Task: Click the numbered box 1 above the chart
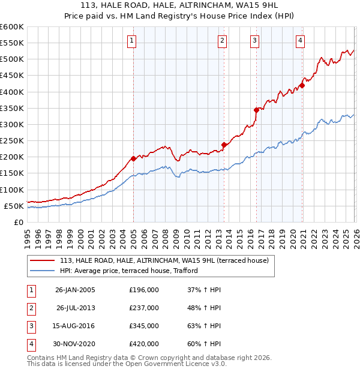click(x=131, y=41)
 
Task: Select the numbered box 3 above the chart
click(x=254, y=41)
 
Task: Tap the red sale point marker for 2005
click(x=133, y=158)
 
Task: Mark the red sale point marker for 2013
click(x=224, y=145)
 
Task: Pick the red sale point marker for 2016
click(x=256, y=110)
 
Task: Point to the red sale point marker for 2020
click(x=302, y=85)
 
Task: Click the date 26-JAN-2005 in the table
click(x=75, y=290)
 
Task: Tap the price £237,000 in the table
click(x=144, y=308)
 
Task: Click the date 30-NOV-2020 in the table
click(x=75, y=344)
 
